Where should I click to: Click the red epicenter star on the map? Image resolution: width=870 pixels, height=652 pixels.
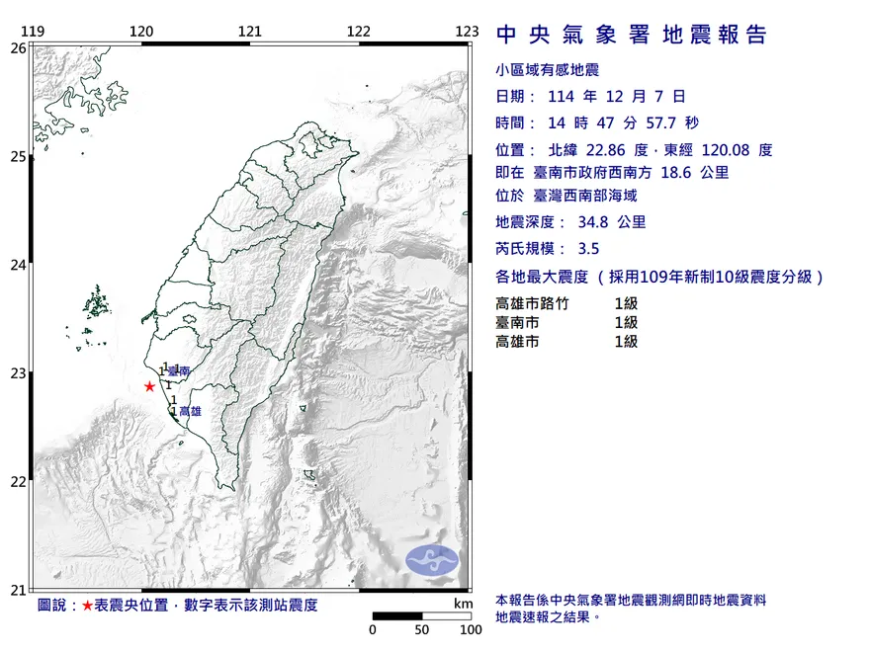coord(149,386)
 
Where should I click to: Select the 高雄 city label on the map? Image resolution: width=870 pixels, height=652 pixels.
coord(190,411)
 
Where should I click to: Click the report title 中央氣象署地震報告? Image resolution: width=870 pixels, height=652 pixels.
coord(632,36)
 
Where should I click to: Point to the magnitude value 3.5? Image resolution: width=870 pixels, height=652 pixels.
coord(589,249)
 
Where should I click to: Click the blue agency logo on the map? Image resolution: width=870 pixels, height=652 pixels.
coord(432,559)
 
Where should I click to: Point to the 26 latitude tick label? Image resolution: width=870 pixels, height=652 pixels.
coord(19,47)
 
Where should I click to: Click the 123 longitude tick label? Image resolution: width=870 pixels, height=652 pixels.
coord(467,32)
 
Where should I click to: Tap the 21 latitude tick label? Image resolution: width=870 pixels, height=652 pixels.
coord(19,591)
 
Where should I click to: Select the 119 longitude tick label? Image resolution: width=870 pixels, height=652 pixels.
coord(34,32)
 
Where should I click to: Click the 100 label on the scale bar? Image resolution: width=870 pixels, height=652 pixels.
coord(470,630)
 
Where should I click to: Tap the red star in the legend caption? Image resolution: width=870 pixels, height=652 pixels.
coord(88,605)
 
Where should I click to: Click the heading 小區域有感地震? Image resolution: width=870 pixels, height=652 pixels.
coord(546,70)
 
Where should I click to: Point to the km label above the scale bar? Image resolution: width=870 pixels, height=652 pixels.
coord(463,604)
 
